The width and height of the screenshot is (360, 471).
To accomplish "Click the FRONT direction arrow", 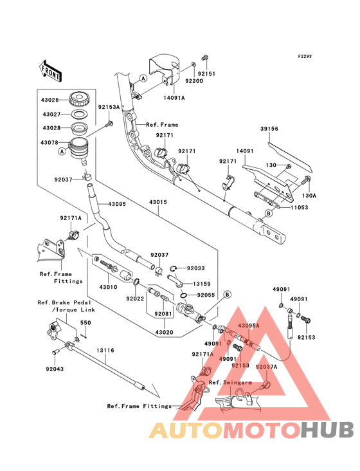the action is [50, 71].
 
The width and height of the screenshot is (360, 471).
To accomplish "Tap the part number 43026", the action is [50, 100].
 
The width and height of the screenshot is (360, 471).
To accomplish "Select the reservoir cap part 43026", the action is [79, 99].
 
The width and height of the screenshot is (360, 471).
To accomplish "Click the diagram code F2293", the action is [305, 56].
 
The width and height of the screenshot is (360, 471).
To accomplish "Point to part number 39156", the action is [269, 129].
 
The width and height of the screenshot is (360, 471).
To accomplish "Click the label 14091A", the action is [174, 98].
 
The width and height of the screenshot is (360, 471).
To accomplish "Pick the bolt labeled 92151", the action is [206, 57].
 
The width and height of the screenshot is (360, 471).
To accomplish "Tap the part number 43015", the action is [157, 202].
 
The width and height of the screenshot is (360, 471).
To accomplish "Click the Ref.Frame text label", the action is [162, 125].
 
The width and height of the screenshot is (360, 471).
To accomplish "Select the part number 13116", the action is [105, 350].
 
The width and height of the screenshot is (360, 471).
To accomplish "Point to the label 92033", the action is [196, 268].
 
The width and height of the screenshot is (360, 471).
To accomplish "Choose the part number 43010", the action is [108, 287].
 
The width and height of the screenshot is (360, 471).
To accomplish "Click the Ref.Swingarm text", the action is [230, 382].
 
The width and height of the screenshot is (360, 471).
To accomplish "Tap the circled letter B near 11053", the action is [269, 213].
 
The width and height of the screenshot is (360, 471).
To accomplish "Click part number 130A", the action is [309, 196].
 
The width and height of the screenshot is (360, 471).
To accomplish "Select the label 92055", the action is [206, 295].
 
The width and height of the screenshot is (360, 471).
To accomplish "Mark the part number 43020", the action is [165, 333].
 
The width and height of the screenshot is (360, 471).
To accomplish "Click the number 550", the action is [85, 322].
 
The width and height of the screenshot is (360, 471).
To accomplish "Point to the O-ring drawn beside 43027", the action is [79, 115].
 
